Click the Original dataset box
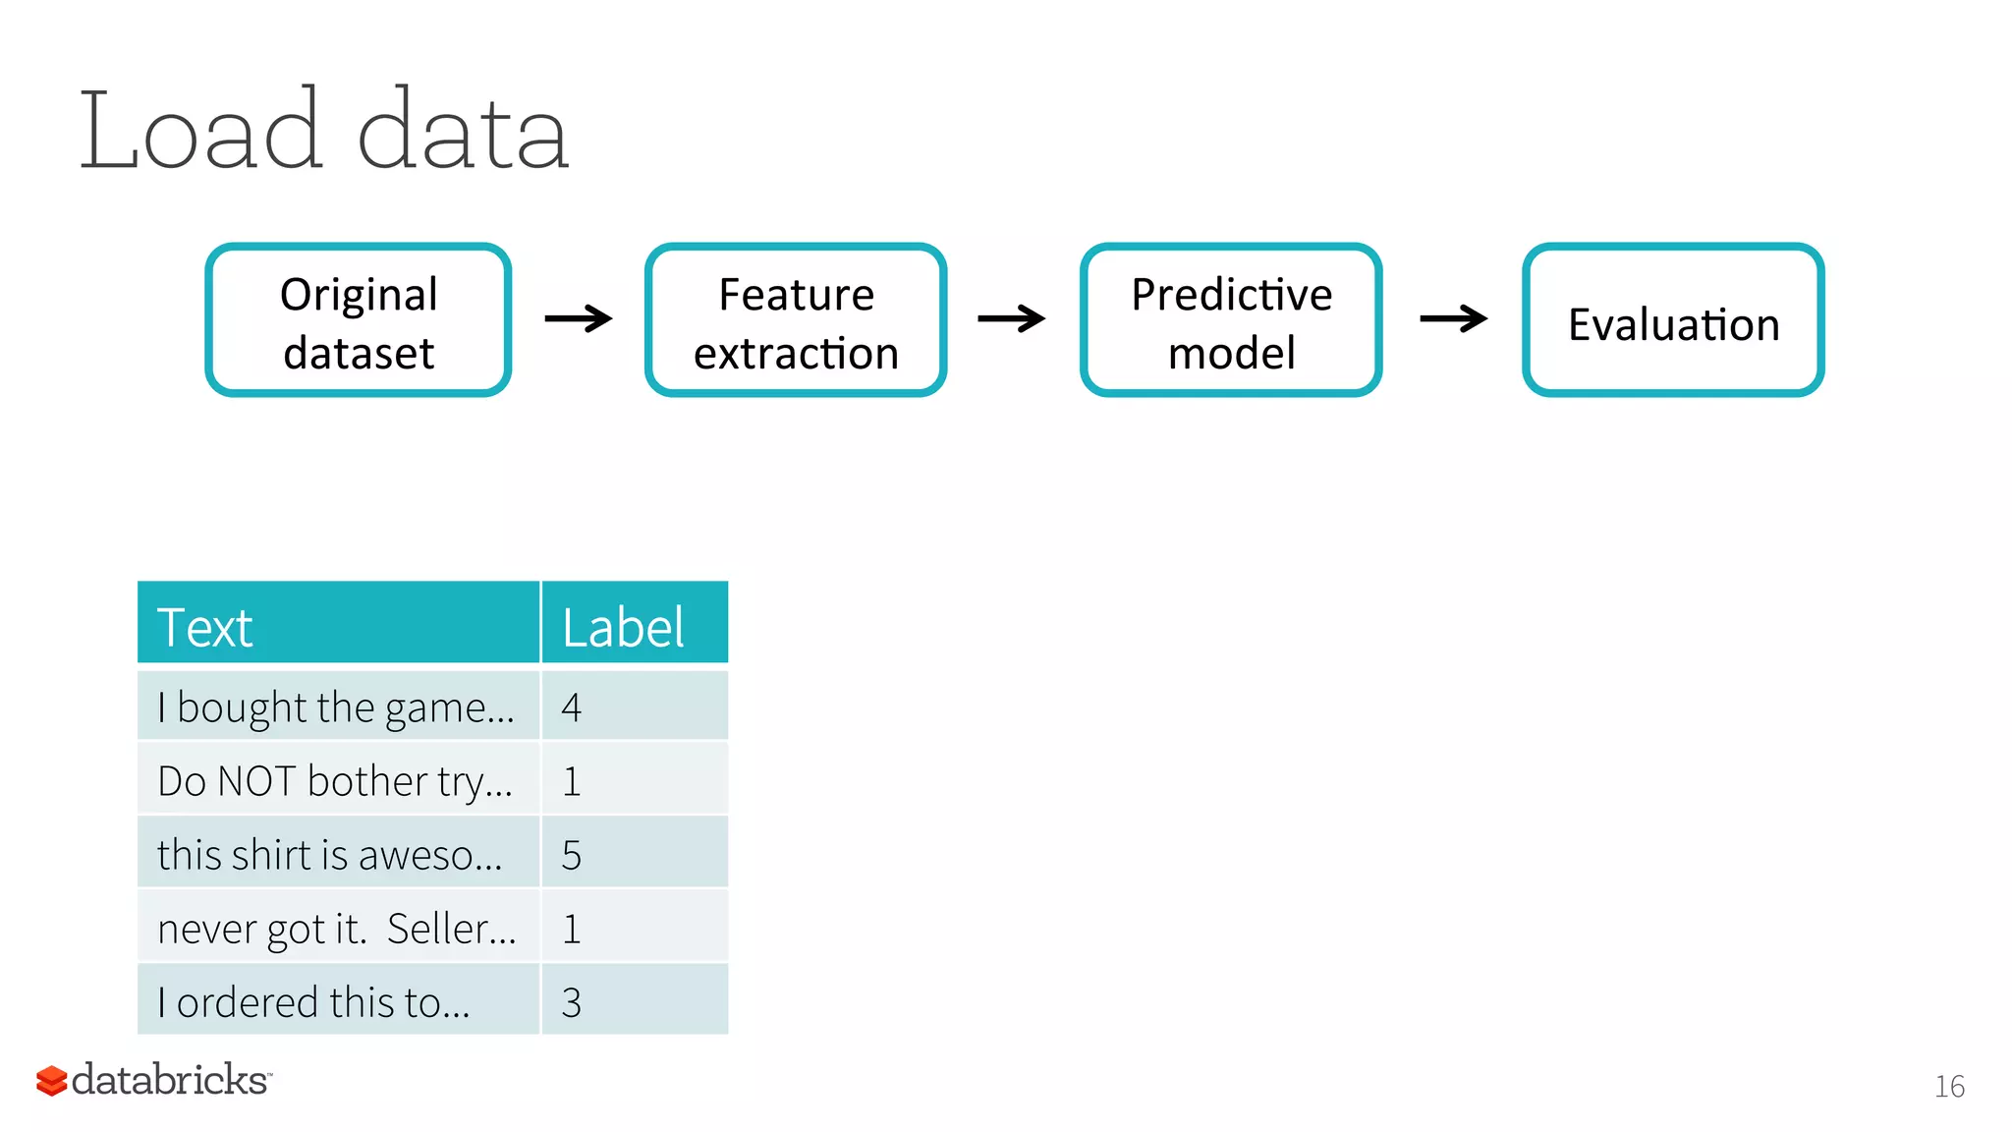point(359,320)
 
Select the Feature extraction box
point(796,320)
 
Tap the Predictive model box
point(1231,320)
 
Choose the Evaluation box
point(1673,320)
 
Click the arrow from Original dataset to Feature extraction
point(579,318)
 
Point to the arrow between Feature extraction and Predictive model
point(1012,318)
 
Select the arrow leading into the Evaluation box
point(1454,318)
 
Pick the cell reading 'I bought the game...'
point(338,707)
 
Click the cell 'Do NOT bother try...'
point(338,780)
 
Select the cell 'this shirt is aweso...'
point(338,854)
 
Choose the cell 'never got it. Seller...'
point(338,928)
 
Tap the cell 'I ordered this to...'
point(338,1001)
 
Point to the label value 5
point(572,855)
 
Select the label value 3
point(572,1002)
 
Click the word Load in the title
point(200,131)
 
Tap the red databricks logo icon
point(51,1081)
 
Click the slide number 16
point(1949,1086)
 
